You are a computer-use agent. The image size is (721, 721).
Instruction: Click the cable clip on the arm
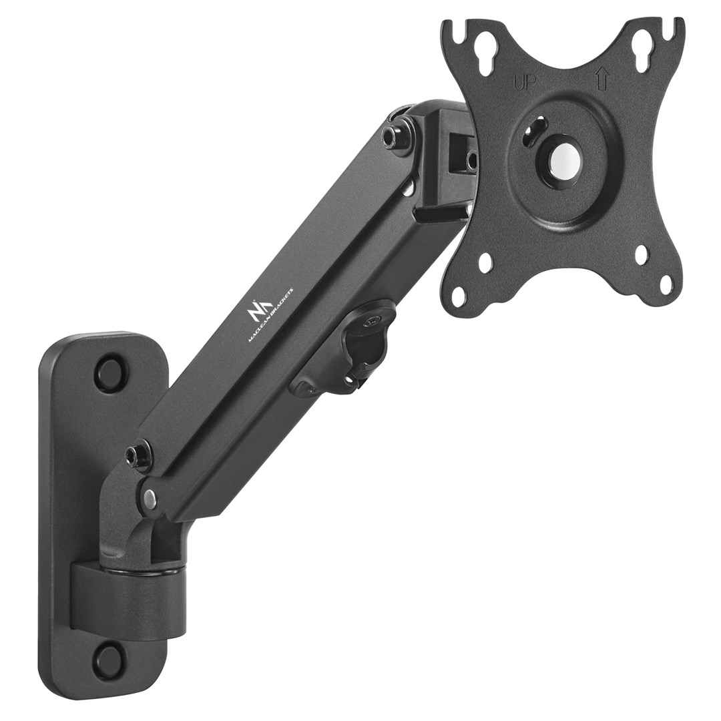coord(356,347)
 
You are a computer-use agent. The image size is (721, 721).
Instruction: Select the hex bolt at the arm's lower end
coord(136,455)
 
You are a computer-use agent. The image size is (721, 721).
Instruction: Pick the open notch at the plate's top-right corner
coord(673,29)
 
